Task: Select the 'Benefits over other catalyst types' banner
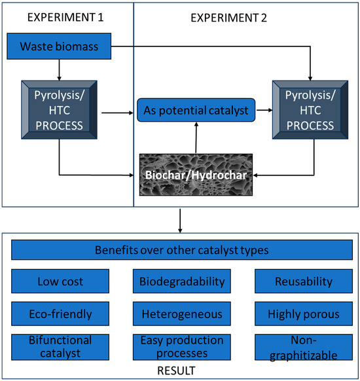[180, 250]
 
